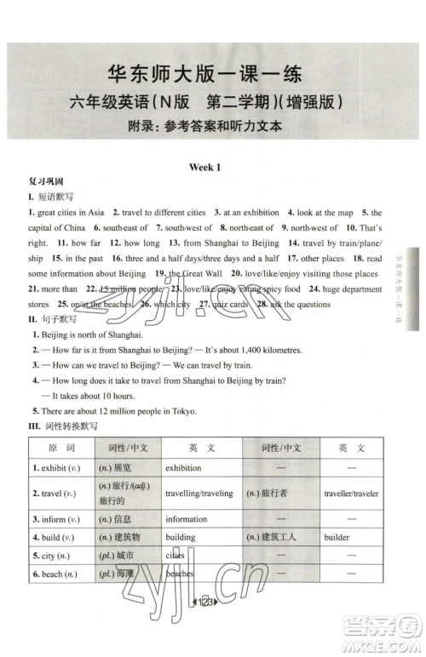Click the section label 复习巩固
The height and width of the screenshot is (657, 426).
[45, 182]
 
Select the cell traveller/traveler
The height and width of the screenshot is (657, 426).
[352, 494]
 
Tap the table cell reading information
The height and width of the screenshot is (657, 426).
[187, 518]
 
